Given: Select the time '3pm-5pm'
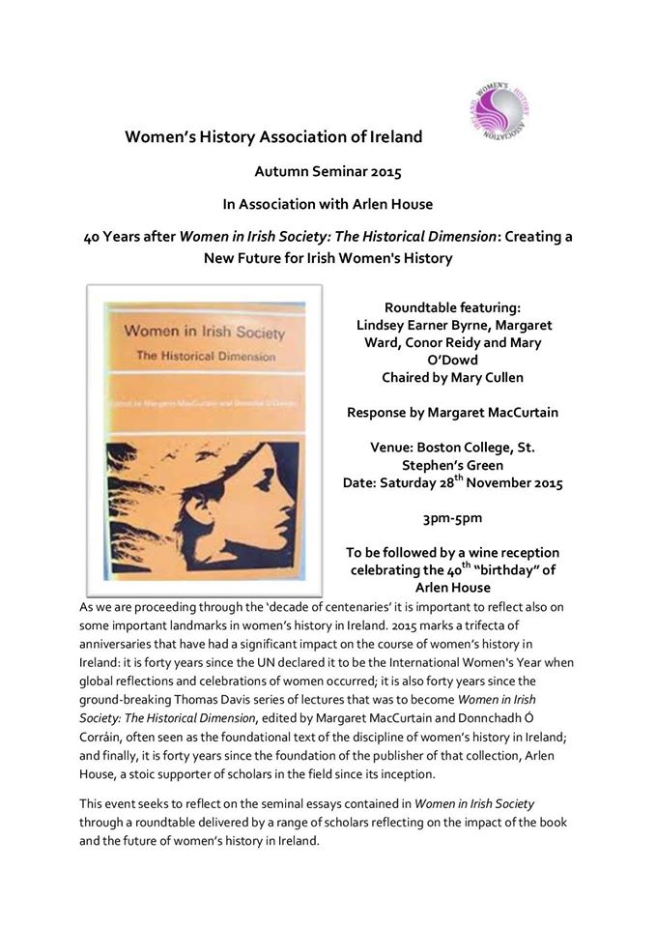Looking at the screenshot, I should click(452, 517).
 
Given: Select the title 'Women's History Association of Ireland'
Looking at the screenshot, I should click(273, 136).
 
